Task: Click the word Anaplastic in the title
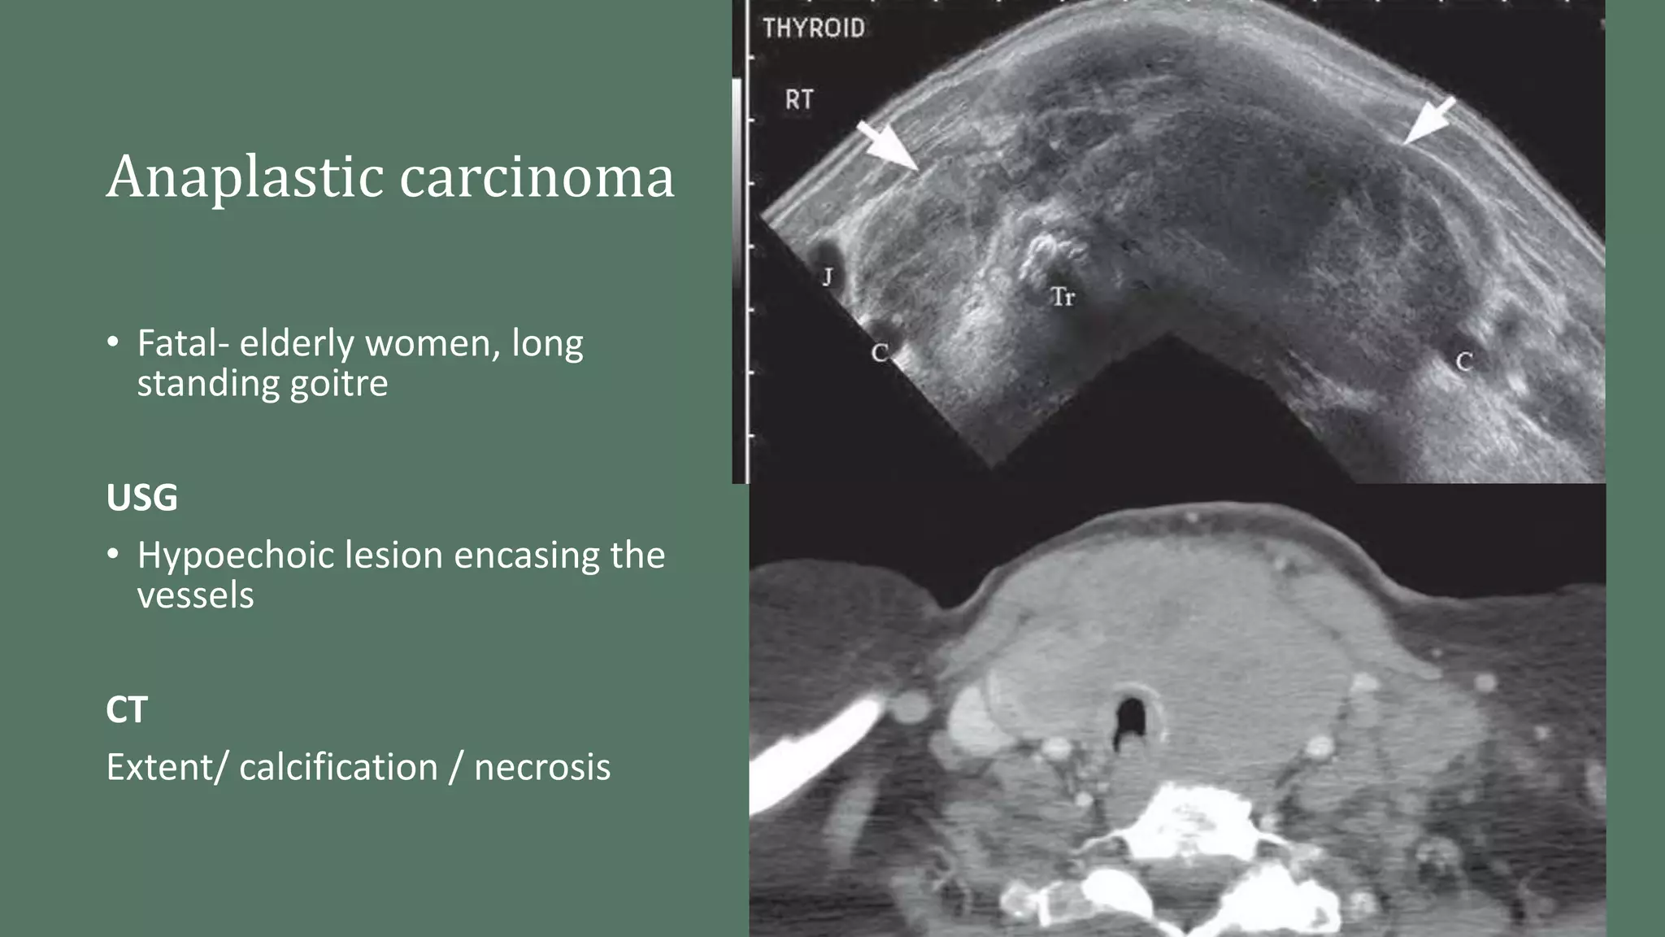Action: pyautogui.click(x=245, y=177)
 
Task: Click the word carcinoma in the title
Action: pyautogui.click(x=537, y=177)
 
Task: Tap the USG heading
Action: pyautogui.click(x=141, y=498)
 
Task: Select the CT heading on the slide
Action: pyautogui.click(x=127, y=710)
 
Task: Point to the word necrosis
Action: pyautogui.click(x=542, y=767)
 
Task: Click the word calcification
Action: pyautogui.click(x=338, y=767)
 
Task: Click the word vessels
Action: pyautogui.click(x=195, y=595)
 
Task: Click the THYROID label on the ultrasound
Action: pyautogui.click(x=813, y=29)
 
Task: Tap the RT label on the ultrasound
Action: pyautogui.click(x=798, y=100)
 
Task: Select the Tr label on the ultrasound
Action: pyautogui.click(x=1063, y=297)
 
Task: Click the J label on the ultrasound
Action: pyautogui.click(x=827, y=277)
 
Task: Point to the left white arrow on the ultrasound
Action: pyautogui.click(x=889, y=146)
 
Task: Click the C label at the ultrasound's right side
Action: pyautogui.click(x=1463, y=362)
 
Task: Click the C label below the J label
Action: pyautogui.click(x=879, y=353)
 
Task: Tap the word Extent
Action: pyautogui.click(x=159, y=767)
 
